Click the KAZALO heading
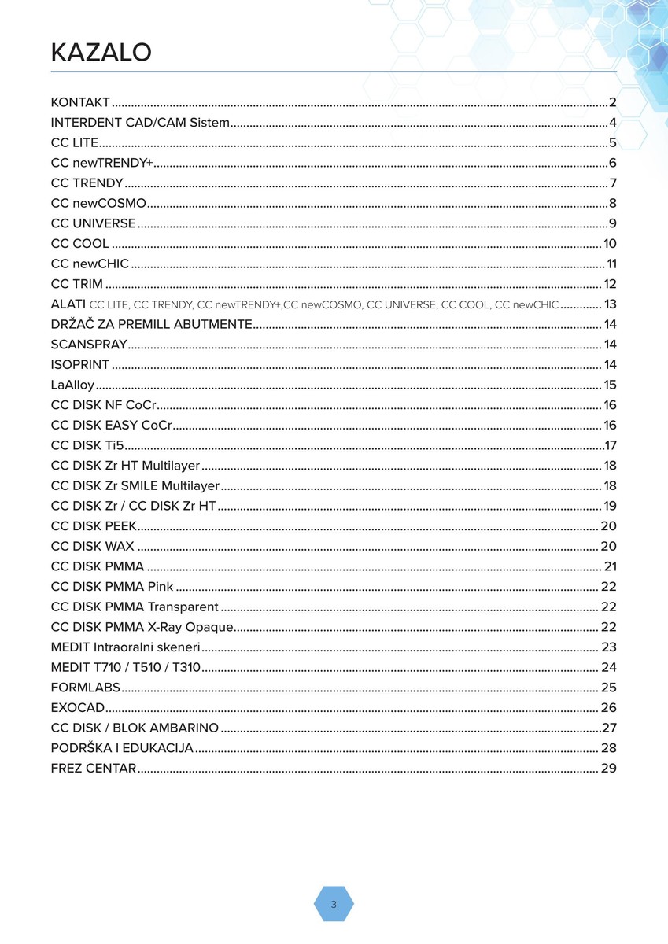[101, 53]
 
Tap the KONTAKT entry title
[80, 102]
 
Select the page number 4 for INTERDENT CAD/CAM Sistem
[612, 123]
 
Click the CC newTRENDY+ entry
[101, 163]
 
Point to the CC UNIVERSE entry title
[93, 223]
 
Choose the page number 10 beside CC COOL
[610, 244]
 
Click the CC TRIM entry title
[76, 284]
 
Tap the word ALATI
[68, 304]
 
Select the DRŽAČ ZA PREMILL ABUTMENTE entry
[151, 324]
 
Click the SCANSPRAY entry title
[87, 345]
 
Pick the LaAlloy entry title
[72, 385]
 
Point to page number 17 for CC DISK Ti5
[611, 445]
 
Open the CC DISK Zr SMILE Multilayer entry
[135, 486]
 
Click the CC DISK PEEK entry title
[94, 526]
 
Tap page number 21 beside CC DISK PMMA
[611, 566]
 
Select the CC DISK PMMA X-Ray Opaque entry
[142, 627]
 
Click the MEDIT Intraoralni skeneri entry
[125, 647]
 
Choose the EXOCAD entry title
[77, 708]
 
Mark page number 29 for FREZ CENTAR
[608, 769]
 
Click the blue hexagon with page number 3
[334, 904]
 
